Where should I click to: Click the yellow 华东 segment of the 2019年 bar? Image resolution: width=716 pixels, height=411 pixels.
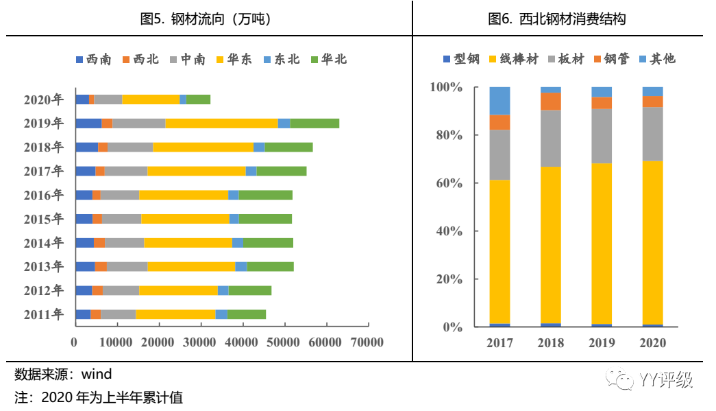[x=221, y=124]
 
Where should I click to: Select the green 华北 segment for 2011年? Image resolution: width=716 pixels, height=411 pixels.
[x=247, y=315]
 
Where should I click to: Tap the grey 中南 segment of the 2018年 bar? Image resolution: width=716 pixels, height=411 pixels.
[x=130, y=148]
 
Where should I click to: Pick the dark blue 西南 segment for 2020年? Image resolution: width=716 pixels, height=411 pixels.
[x=82, y=99]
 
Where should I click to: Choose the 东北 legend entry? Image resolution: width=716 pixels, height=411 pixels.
[x=282, y=60]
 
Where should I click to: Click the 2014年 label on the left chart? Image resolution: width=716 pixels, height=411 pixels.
[x=44, y=243]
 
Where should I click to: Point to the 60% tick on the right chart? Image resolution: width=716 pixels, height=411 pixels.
[x=446, y=184]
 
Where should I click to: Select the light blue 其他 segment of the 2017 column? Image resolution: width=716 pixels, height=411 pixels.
[x=499, y=101]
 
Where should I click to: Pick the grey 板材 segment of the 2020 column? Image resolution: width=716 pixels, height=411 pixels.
[x=652, y=134]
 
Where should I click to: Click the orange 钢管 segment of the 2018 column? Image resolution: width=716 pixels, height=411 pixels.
[x=550, y=102]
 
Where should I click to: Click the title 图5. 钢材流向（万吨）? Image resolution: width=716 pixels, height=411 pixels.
[x=206, y=19]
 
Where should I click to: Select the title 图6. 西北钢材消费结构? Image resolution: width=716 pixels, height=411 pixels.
[x=556, y=19]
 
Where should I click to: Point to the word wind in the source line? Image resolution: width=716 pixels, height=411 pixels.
[x=97, y=375]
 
